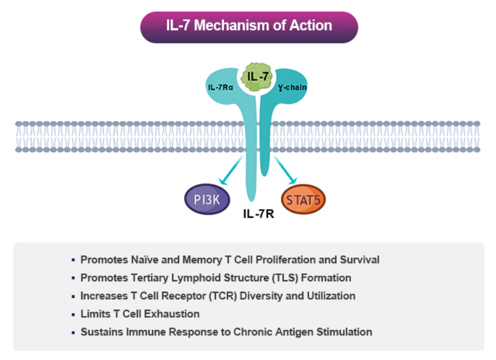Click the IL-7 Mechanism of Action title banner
[x=249, y=27]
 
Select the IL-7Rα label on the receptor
[x=220, y=88]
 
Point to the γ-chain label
[x=292, y=88]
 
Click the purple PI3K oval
[x=207, y=199]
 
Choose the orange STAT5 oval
[x=304, y=200]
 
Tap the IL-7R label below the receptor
[x=259, y=215]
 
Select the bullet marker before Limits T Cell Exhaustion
[x=73, y=314]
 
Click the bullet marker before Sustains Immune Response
[x=73, y=332]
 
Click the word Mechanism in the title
[x=237, y=26]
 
